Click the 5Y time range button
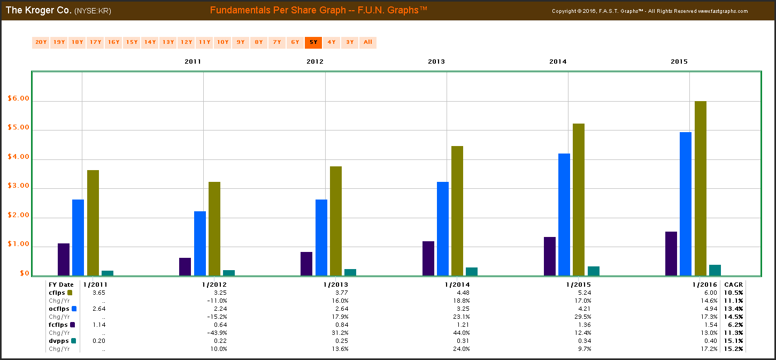[x=313, y=42]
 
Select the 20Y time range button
[x=41, y=42]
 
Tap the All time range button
[x=368, y=42]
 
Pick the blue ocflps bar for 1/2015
[x=564, y=215]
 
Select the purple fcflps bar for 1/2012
[x=185, y=266]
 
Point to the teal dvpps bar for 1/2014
[x=472, y=271]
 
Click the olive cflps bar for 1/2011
[x=93, y=223]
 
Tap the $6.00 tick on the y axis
[x=18, y=98]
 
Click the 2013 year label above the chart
[x=436, y=62]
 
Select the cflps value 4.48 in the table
[x=462, y=293]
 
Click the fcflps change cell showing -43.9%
[x=218, y=333]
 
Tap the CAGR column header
[x=732, y=285]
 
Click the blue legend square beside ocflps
[x=74, y=309]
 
